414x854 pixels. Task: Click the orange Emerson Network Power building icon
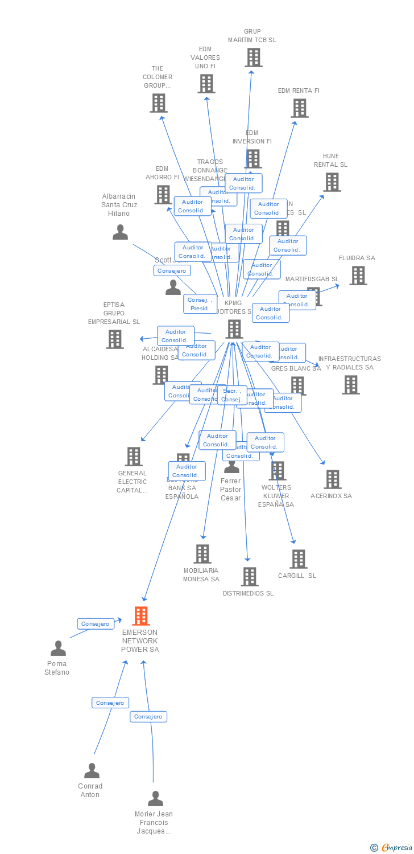tap(141, 616)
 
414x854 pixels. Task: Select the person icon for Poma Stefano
tap(58, 648)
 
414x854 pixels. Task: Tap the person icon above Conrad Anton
tap(92, 771)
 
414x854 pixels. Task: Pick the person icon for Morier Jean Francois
tap(155, 799)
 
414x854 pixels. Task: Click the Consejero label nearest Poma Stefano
tap(96, 624)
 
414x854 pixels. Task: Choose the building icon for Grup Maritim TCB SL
tap(254, 58)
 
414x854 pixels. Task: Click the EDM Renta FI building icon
tap(300, 108)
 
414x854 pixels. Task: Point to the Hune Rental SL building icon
tap(332, 182)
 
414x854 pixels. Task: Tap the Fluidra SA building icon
tap(358, 276)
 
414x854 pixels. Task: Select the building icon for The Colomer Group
tap(159, 103)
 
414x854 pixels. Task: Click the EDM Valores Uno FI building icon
tap(206, 84)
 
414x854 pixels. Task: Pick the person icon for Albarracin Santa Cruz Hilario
tap(120, 232)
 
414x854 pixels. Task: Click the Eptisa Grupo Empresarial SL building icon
tap(115, 339)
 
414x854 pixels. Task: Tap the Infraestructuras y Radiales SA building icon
tap(351, 385)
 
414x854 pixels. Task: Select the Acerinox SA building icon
tap(333, 479)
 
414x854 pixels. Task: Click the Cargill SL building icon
tap(299, 559)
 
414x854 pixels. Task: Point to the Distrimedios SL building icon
tap(250, 577)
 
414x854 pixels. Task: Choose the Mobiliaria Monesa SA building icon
tap(202, 554)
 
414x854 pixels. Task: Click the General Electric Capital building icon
tap(134, 457)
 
